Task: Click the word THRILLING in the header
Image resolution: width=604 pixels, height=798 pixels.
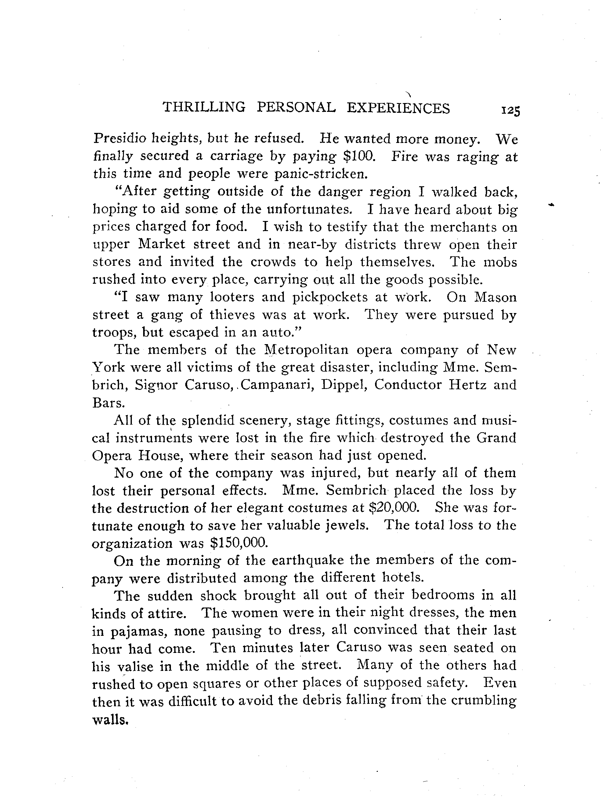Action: pos(204,108)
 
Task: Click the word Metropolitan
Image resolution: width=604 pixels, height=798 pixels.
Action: pos(306,350)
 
